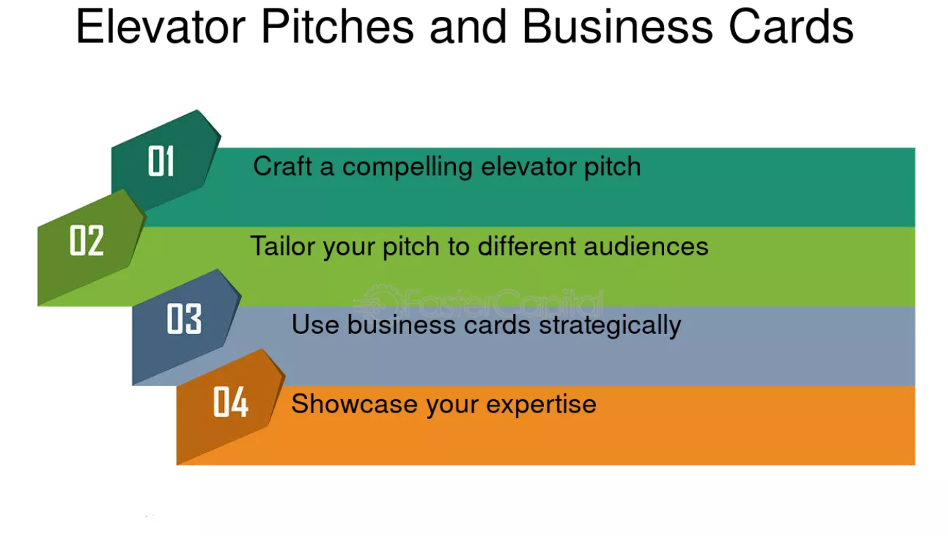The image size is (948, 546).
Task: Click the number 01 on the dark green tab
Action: click(x=161, y=162)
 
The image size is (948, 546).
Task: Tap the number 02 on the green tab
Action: click(x=86, y=240)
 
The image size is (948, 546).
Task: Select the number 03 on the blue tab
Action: click(x=184, y=319)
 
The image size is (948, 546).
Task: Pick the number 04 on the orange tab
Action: click(x=230, y=402)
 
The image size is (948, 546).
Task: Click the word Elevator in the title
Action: click(x=161, y=27)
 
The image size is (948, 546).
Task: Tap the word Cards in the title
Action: click(x=791, y=27)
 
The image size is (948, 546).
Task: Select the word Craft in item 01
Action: click(x=274, y=167)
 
